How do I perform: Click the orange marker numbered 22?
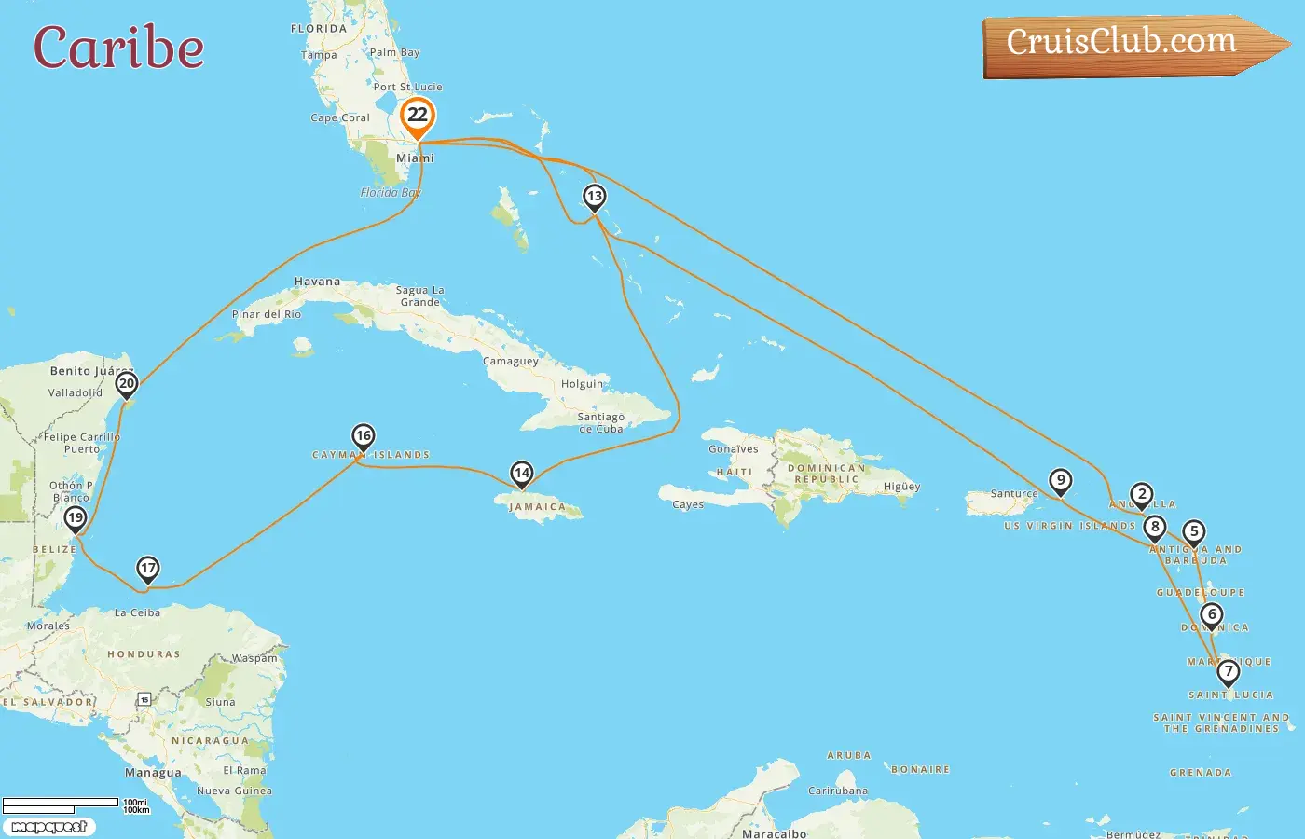tap(418, 117)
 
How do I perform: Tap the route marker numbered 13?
tap(594, 197)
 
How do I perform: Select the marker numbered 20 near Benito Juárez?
tap(127, 383)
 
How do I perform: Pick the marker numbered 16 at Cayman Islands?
tap(363, 435)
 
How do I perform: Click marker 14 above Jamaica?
tap(522, 474)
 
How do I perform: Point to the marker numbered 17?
tap(148, 569)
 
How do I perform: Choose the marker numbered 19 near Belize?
tap(76, 518)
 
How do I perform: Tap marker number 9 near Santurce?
tap(1060, 481)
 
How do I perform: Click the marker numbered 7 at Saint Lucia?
tap(1229, 671)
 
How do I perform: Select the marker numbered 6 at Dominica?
tap(1212, 614)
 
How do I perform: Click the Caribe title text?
tap(118, 48)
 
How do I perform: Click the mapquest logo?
tap(49, 827)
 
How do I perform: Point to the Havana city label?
tap(317, 282)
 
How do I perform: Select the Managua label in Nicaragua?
tap(153, 773)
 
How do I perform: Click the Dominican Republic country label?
tap(826, 474)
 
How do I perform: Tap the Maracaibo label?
tap(774, 833)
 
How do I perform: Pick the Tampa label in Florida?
tap(319, 55)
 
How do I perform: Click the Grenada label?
tap(1201, 773)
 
